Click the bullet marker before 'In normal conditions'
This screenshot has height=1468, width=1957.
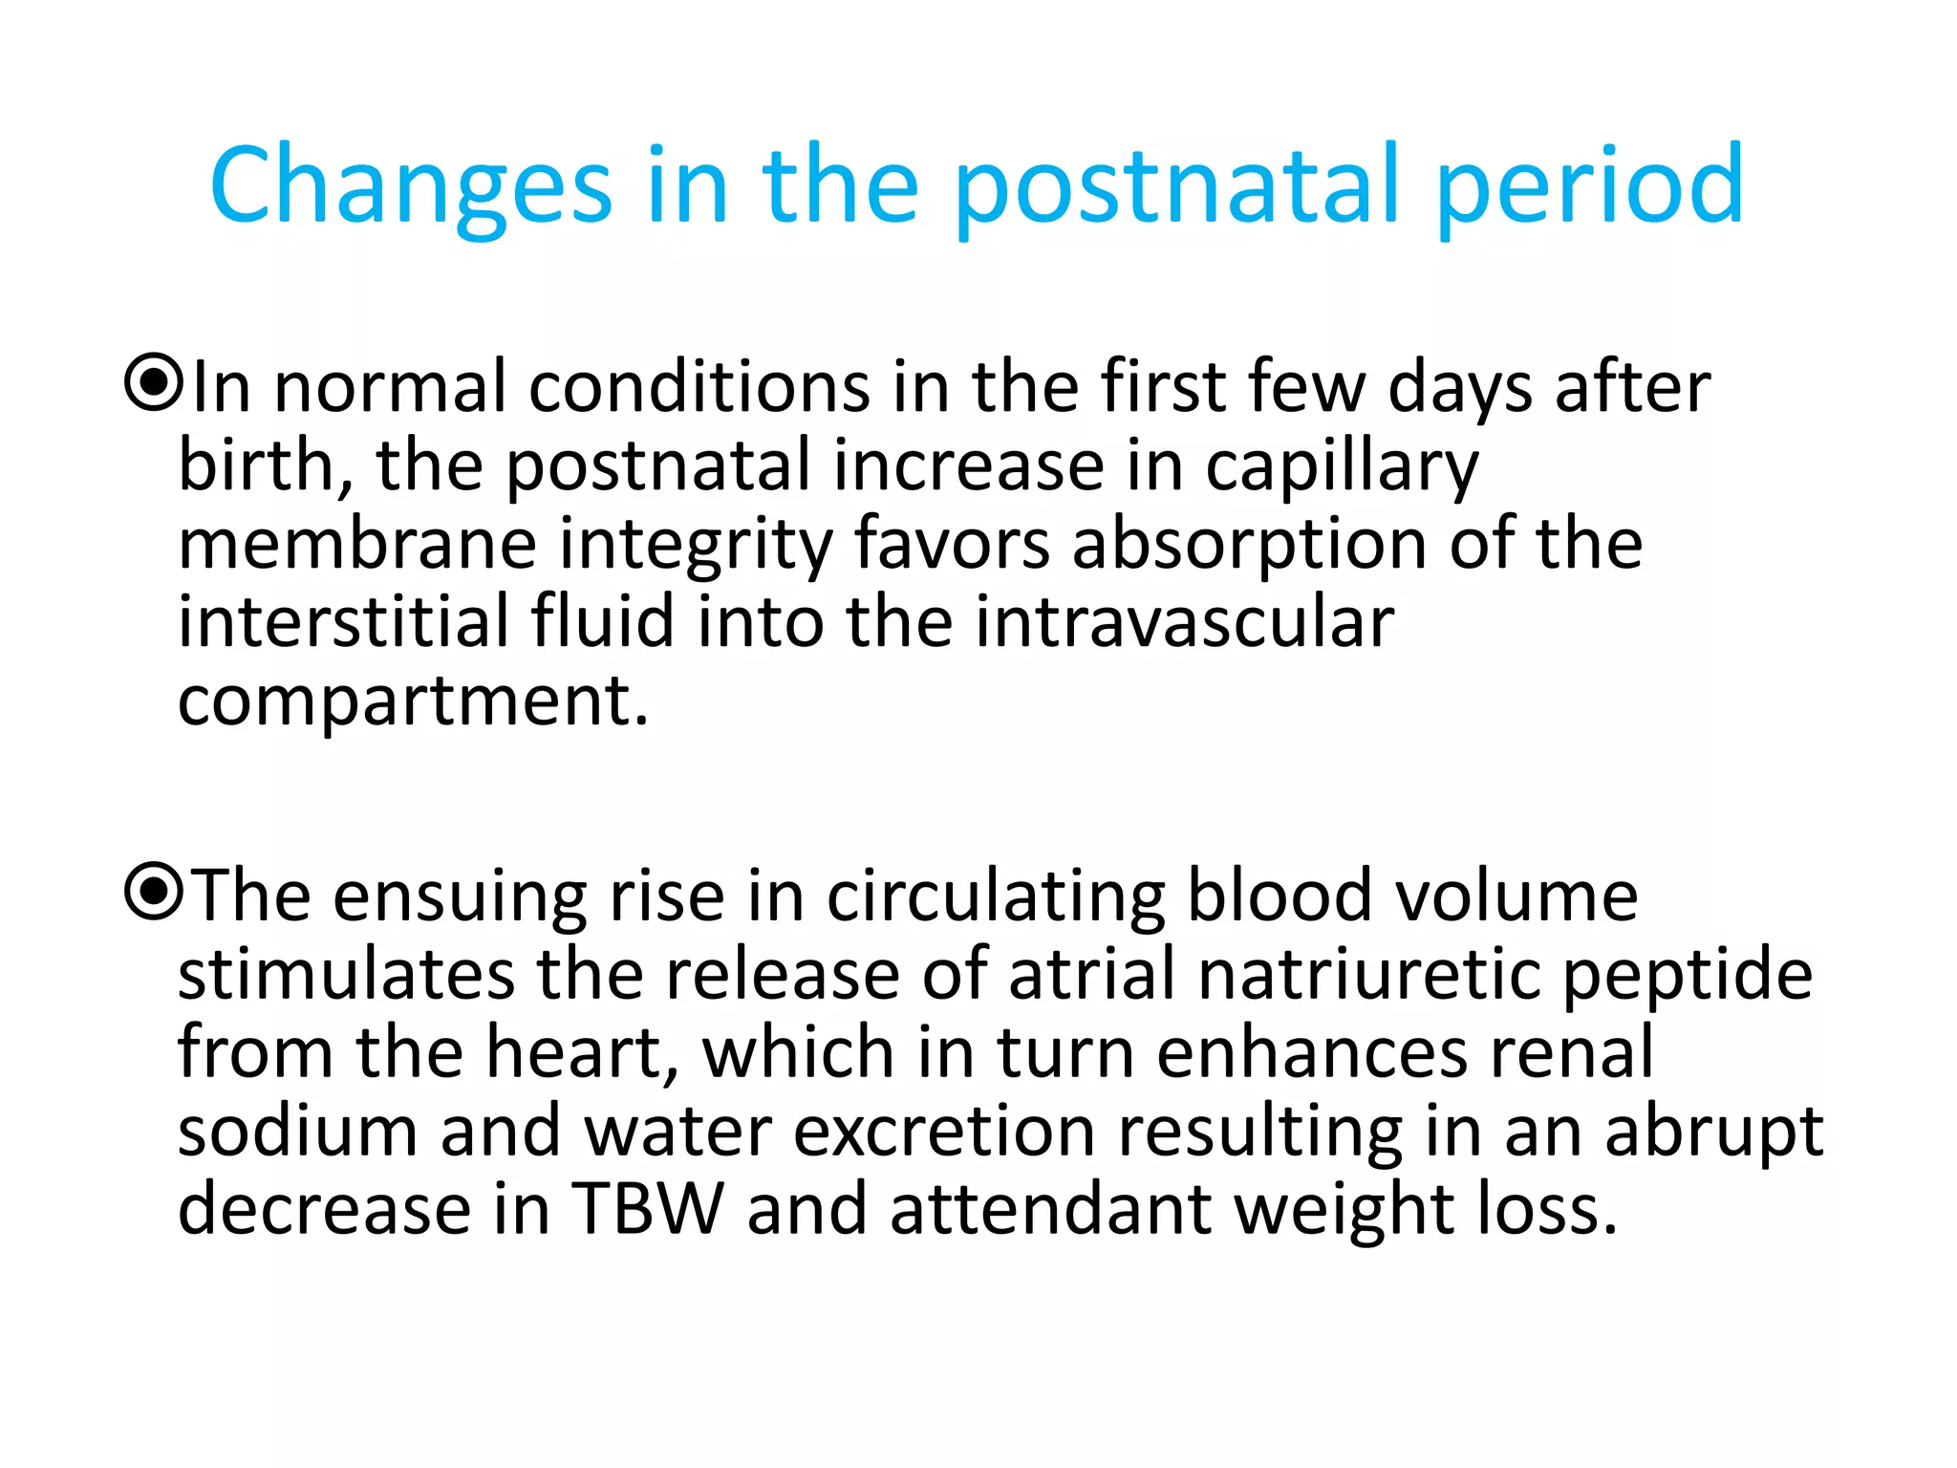click(153, 383)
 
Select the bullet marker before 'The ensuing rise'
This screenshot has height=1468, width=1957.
click(153, 892)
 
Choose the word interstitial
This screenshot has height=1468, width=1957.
click(343, 621)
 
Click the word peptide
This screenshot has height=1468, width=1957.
click(1688, 975)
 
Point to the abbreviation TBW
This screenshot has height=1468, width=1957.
click(648, 1208)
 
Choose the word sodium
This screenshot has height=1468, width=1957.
click(297, 1130)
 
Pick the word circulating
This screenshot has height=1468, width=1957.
click(995, 896)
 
